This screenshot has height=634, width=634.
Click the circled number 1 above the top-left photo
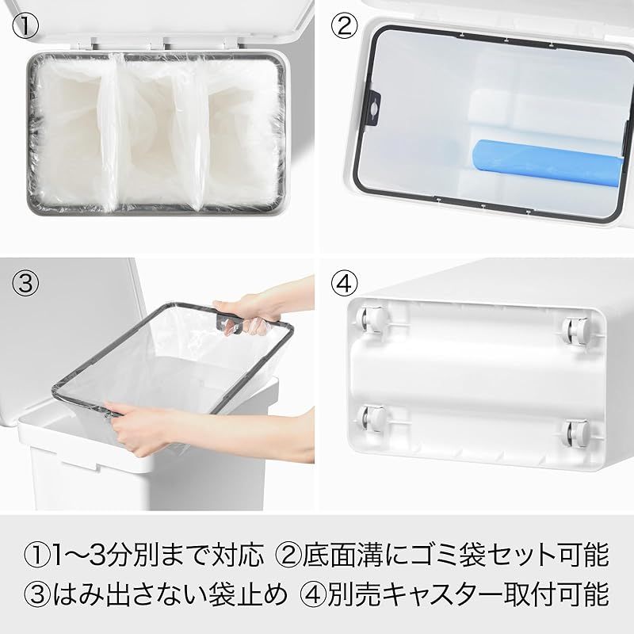point(25,25)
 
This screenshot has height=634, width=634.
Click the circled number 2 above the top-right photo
point(344,25)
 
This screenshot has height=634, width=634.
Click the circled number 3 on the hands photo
point(25,283)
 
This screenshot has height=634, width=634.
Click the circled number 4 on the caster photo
point(344,283)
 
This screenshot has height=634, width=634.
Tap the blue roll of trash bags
point(547,162)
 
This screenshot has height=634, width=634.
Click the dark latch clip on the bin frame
point(374,108)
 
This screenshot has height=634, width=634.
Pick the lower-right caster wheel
point(577,434)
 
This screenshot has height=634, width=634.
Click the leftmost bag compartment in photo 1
point(71,133)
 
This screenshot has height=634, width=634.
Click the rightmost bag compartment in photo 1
point(239,133)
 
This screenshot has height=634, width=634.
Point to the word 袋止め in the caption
point(246,594)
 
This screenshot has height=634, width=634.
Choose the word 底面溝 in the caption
point(343,555)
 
